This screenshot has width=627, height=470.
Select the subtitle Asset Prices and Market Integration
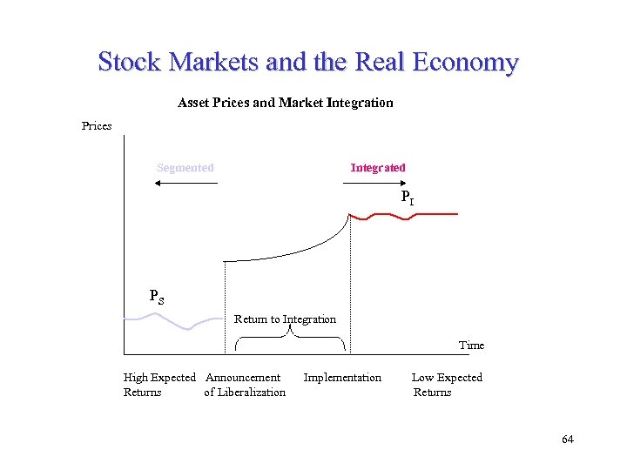pyautogui.click(x=285, y=103)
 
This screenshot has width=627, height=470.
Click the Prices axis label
pyautogui.click(x=97, y=126)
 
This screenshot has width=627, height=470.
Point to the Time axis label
pyautogui.click(x=471, y=346)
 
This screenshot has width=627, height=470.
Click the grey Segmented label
pyautogui.click(x=185, y=167)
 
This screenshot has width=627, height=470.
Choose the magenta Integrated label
pyautogui.click(x=378, y=167)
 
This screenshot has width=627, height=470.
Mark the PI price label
pyautogui.click(x=407, y=198)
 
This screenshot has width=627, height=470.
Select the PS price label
pyautogui.click(x=157, y=296)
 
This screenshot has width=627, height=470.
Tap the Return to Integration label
pyautogui.click(x=285, y=319)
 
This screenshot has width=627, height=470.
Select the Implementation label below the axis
pyautogui.click(x=342, y=378)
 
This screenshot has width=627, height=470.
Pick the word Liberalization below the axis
pyautogui.click(x=245, y=393)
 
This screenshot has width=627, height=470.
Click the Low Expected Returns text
pyautogui.click(x=446, y=385)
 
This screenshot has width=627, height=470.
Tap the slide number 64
pyautogui.click(x=568, y=440)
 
